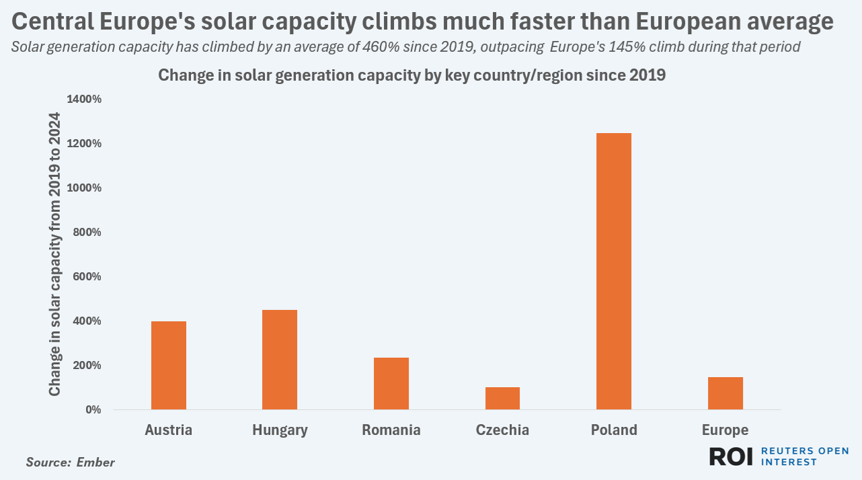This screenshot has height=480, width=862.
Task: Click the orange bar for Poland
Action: pos(613,271)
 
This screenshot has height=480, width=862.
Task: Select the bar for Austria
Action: pos(168,365)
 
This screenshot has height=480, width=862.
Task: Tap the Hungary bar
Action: pos(280,360)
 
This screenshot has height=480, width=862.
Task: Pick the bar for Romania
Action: pos(391,383)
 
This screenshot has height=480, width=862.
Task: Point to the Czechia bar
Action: pos(502,398)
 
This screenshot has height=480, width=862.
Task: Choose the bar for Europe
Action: pos(725,393)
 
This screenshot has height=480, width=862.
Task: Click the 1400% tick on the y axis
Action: pos(84,99)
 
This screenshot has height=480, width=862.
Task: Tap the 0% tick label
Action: pos(92,409)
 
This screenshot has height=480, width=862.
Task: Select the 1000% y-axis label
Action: pos(84,188)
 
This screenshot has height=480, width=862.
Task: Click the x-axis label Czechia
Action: pos(502,430)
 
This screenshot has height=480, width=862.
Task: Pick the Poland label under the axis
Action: pos(614,430)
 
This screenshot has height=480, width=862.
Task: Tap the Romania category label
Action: pos(391,430)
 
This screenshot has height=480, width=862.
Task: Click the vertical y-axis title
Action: pos(54,254)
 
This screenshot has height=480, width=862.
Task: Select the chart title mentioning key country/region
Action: pos(412,75)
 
